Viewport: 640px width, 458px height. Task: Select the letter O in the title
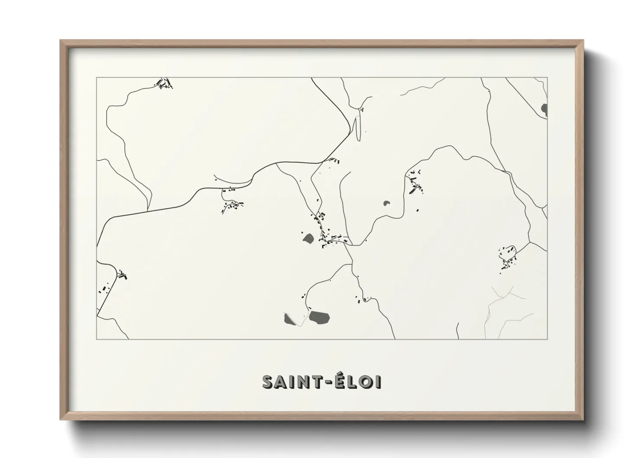tap(366, 382)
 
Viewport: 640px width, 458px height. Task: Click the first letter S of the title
tap(268, 382)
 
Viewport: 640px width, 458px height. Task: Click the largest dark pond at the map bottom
tap(319, 317)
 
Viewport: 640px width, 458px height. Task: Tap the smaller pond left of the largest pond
tap(288, 319)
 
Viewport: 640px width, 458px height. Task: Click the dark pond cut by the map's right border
tap(544, 110)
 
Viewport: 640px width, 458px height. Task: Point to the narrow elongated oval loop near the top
tap(357, 126)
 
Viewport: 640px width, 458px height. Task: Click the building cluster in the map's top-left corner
tap(164, 83)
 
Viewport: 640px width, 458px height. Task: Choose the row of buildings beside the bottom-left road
tap(104, 289)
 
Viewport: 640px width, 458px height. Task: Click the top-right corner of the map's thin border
tap(547, 77)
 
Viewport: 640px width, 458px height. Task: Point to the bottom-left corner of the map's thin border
tap(97, 339)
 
